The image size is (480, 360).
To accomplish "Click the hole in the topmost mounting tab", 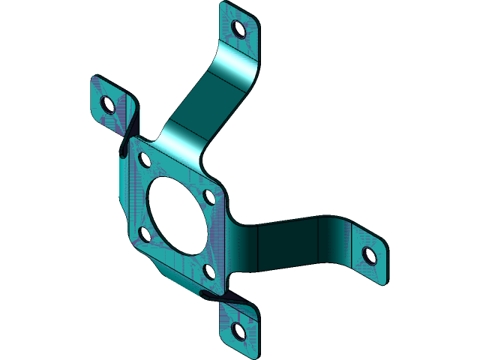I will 238,29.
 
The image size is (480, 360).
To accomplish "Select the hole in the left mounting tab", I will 107,104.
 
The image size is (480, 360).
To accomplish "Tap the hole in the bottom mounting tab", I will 238,331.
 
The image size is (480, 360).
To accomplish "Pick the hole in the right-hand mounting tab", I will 370,256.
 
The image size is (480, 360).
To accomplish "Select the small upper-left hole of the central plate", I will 145,160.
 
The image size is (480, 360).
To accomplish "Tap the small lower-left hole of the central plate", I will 145,235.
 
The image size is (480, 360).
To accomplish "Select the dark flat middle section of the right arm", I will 289,244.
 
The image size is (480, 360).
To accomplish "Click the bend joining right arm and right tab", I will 336,240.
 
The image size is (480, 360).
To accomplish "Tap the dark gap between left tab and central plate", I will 126,139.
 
